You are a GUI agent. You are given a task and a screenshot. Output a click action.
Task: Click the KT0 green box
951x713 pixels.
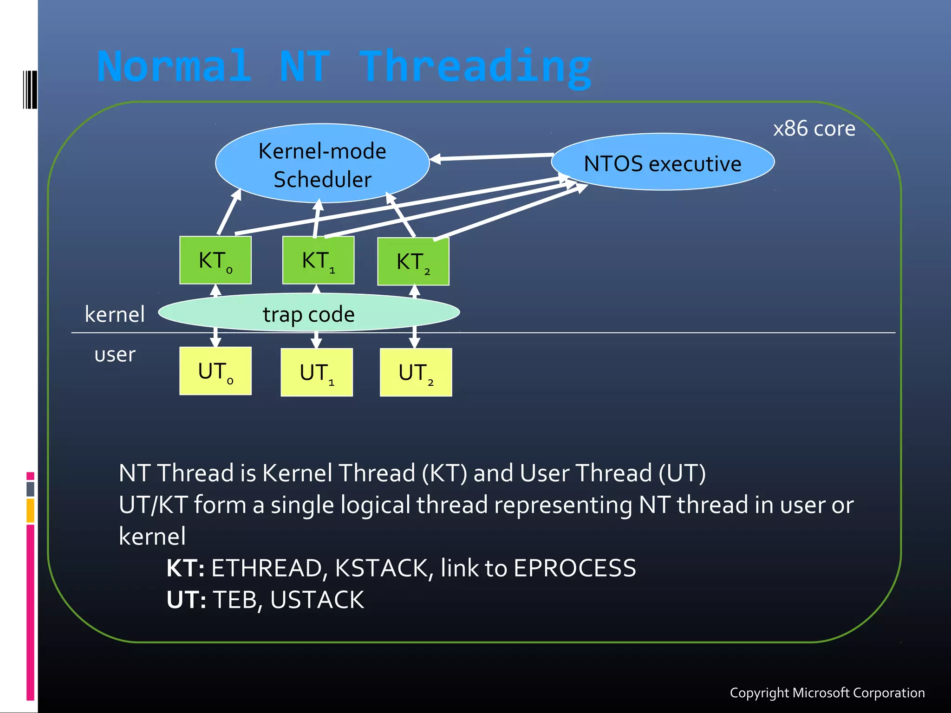pyautogui.click(x=215, y=260)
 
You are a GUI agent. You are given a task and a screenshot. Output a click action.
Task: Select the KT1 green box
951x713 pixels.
pyautogui.click(x=318, y=260)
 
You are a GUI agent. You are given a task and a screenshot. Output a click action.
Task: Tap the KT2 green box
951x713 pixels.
pyautogui.click(x=413, y=262)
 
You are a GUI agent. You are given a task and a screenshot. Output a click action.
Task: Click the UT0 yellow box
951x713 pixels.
pyautogui.click(x=215, y=371)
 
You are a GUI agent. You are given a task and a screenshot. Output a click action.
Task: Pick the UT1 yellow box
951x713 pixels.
pyautogui.click(x=317, y=372)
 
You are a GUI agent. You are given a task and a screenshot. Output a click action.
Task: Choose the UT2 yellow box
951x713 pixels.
pyautogui.click(x=416, y=372)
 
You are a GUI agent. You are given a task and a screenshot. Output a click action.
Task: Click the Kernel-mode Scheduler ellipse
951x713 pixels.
pyautogui.click(x=322, y=163)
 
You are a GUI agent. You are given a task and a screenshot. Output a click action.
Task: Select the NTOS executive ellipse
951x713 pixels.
pyautogui.click(x=663, y=162)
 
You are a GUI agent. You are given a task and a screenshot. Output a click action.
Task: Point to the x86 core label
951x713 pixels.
pyautogui.click(x=814, y=129)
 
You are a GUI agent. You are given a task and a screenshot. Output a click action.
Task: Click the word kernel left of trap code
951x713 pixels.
pyautogui.click(x=115, y=314)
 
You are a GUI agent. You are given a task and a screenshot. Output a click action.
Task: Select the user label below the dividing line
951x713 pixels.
pyautogui.click(x=115, y=355)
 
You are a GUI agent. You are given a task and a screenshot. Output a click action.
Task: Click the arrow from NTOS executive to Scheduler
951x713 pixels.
pyautogui.click(x=492, y=157)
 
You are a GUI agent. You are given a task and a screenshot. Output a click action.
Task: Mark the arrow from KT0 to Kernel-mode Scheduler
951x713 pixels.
pyautogui.click(x=229, y=212)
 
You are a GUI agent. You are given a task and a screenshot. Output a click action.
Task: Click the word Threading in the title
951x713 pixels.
pyautogui.click(x=476, y=67)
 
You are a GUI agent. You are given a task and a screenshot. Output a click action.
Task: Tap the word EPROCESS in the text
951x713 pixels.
pyautogui.click(x=575, y=568)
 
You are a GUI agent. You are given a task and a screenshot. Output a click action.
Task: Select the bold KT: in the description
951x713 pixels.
pyautogui.click(x=185, y=568)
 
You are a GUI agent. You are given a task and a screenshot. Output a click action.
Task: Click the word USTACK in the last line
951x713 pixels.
pyautogui.click(x=317, y=600)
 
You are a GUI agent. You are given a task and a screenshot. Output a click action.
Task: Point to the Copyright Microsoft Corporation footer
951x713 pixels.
pyautogui.click(x=827, y=693)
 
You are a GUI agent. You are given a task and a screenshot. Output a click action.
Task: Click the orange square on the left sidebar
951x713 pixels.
pyautogui.click(x=30, y=510)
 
